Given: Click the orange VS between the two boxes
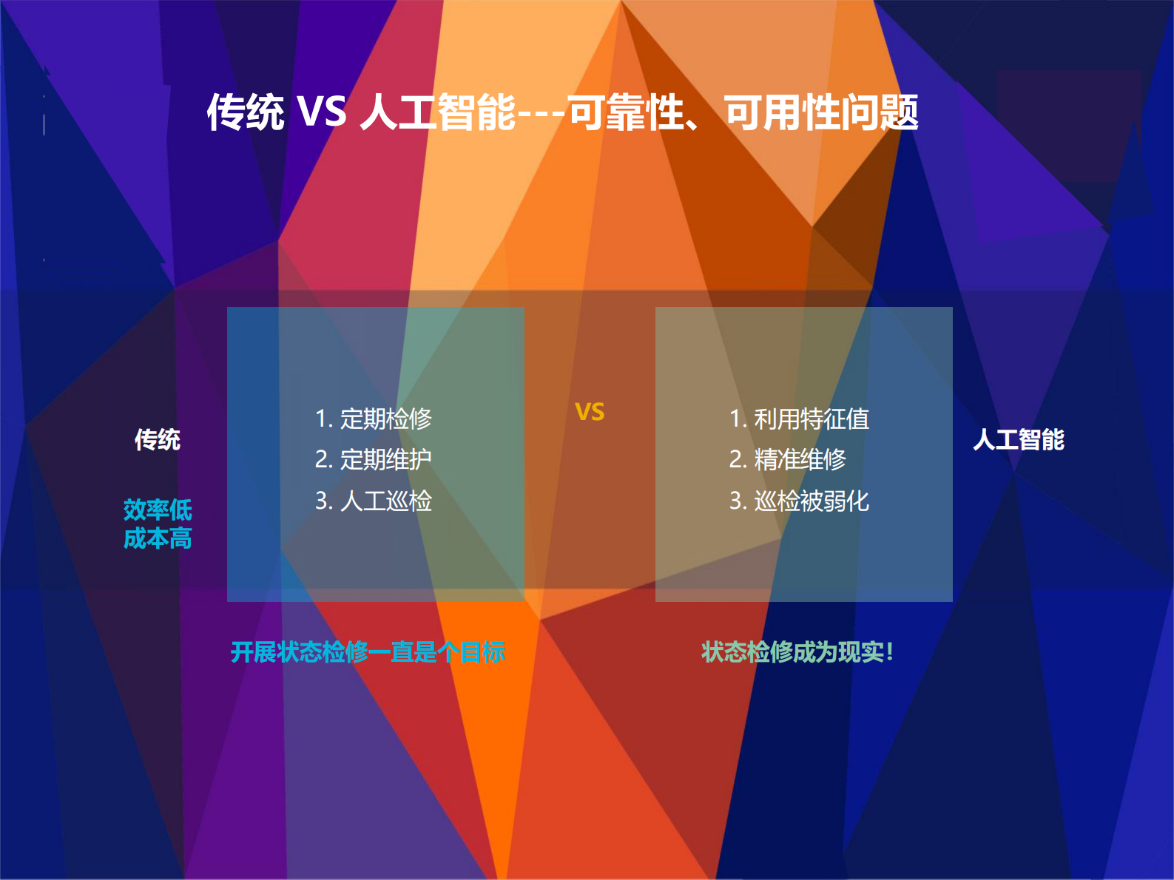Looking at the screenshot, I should tap(590, 412).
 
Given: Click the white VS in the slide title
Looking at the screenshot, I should tap(321, 112).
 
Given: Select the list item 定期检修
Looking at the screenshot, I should tap(374, 419).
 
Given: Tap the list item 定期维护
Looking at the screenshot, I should tap(374, 460).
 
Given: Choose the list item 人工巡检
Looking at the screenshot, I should tap(374, 501).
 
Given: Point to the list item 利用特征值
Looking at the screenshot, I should tap(799, 419).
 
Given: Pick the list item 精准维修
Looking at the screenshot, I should tap(788, 460).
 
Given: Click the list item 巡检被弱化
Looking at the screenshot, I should tap(799, 501).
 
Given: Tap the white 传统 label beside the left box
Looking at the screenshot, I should tap(157, 440).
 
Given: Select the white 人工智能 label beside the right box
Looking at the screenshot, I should tap(1018, 440).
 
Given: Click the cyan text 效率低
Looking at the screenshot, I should tap(158, 510).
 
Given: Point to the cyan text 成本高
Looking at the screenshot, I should tap(158, 538).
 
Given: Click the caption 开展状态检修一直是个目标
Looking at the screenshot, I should tap(368, 652).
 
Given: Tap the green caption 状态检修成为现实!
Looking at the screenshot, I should tap(797, 652).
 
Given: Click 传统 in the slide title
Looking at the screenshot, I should tap(245, 112).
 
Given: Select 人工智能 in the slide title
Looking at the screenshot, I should tap(437, 112).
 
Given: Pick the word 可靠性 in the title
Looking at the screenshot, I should tap(626, 112).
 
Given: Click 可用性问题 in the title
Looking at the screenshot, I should tap(821, 112).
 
